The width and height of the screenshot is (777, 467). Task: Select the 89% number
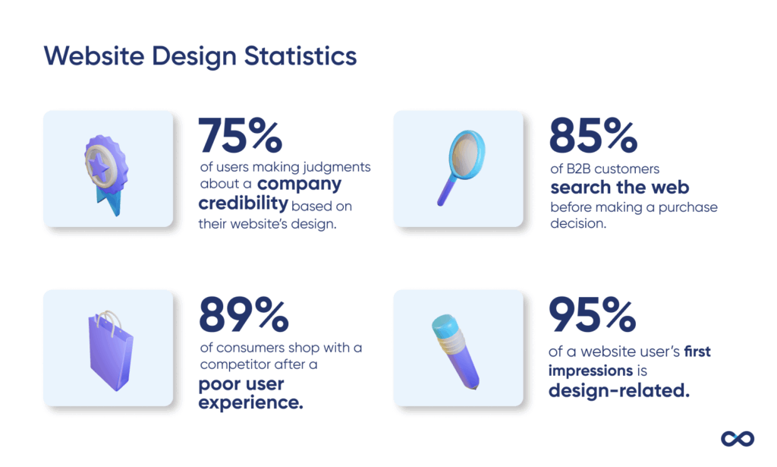coord(243,314)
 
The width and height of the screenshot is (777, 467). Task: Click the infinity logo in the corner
coord(737,439)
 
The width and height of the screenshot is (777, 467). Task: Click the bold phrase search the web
coord(619,187)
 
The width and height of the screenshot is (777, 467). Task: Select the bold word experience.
coord(250,402)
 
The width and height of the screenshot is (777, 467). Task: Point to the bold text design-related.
coord(618,390)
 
